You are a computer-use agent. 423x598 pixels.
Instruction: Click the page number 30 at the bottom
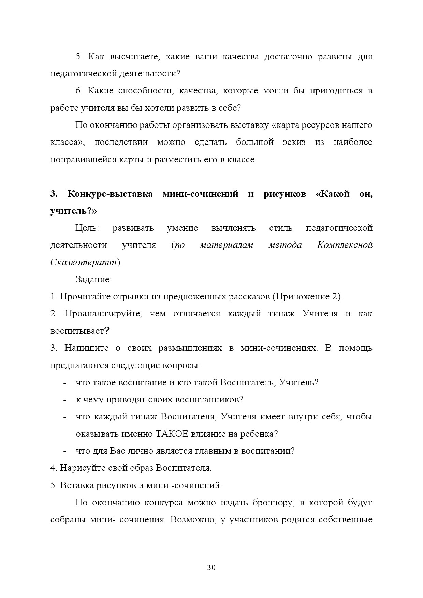tap(211, 568)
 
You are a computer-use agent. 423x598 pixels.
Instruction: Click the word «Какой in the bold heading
tap(333, 194)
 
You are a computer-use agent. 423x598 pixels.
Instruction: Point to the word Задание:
tap(93, 280)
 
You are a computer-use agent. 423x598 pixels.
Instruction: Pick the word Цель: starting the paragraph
tap(87, 228)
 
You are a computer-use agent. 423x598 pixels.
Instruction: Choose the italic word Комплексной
tap(345, 245)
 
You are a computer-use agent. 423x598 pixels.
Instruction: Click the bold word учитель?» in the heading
tap(74, 211)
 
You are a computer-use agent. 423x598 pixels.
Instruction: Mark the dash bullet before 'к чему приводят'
tap(64, 400)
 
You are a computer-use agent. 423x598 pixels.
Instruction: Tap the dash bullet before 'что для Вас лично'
tap(64, 451)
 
